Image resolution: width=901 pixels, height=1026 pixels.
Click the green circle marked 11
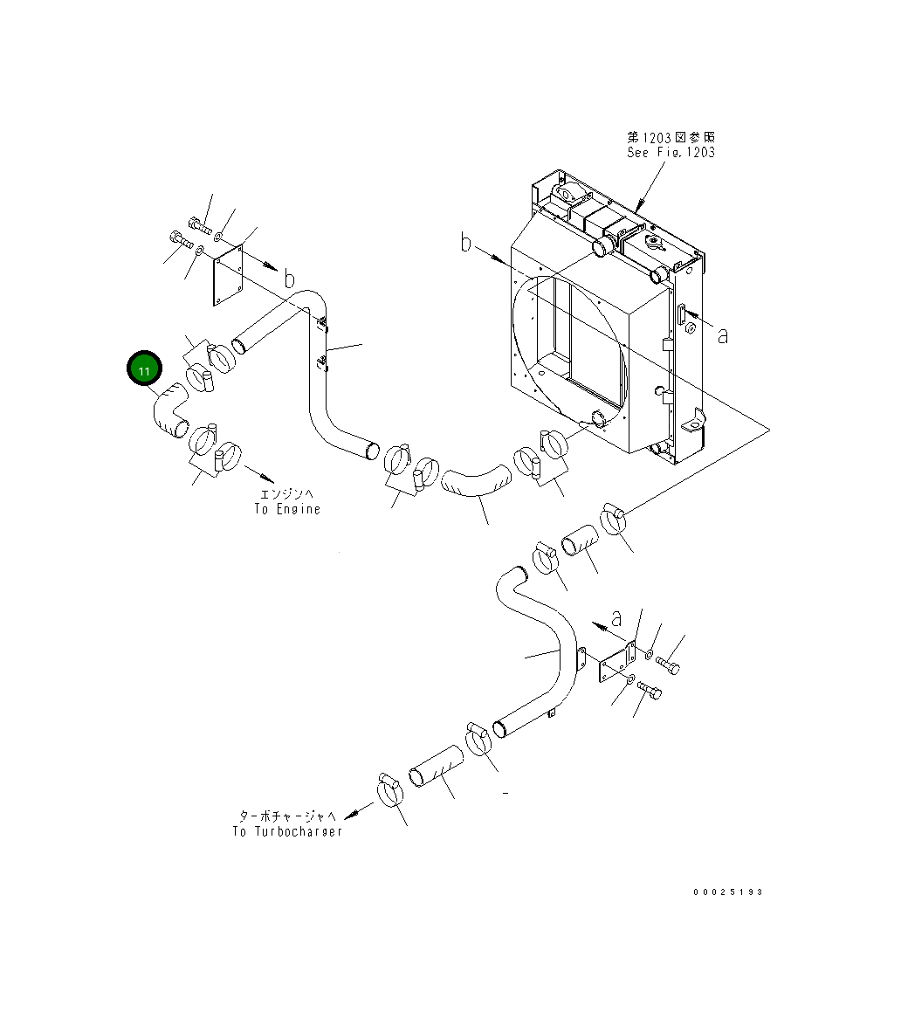point(144,370)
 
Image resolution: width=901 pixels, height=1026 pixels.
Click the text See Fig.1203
point(671,152)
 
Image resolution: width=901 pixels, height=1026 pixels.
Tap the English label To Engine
point(287,509)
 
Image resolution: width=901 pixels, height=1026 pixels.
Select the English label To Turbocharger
point(287,831)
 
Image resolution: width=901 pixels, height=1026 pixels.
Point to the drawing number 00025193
point(728,892)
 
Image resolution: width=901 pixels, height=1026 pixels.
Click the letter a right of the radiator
point(722,334)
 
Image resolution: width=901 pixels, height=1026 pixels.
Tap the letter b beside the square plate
point(288,279)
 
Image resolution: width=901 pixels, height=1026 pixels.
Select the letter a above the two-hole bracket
point(616,618)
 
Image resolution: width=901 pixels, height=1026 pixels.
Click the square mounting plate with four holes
point(228,274)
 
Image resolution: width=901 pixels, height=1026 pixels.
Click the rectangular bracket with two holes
point(616,665)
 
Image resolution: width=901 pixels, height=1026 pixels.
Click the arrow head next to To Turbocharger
point(351,816)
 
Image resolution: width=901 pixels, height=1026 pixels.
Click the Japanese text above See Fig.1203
point(671,137)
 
